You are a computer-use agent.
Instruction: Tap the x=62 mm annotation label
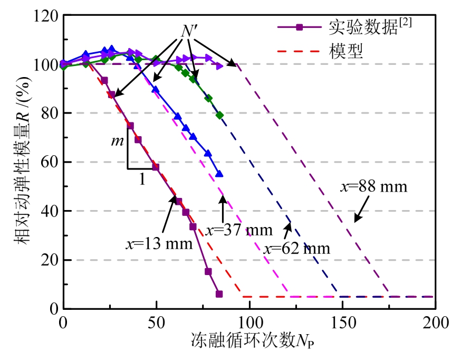coord(297,248)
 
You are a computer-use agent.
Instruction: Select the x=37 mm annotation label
coord(238,230)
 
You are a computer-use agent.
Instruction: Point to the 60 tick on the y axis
coord(49,162)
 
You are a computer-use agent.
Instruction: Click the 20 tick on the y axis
coord(49,260)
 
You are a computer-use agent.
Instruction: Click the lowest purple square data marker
coord(219,294)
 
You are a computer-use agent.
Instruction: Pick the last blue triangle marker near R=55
coord(219,174)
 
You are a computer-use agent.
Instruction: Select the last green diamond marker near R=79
coord(219,115)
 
